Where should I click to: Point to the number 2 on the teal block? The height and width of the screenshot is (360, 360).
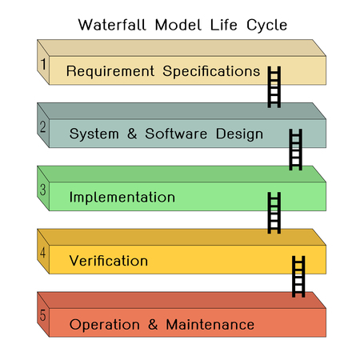pos(43,126)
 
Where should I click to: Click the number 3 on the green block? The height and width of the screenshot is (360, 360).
pos(43,190)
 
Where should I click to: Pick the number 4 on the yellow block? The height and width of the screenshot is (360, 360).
pos(43,254)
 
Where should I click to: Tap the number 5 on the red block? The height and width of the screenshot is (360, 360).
pos(43,317)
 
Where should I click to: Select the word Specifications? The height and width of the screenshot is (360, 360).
pos(211,71)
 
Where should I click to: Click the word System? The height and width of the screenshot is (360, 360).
pos(94,134)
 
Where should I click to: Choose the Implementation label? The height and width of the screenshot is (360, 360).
pos(122,197)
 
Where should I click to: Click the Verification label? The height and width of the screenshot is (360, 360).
pos(108,261)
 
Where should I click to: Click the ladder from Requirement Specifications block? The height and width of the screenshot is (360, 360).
pos(274,86)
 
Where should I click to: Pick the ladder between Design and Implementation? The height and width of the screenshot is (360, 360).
pos(295,149)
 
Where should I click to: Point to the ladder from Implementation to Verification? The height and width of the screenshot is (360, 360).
pos(274,212)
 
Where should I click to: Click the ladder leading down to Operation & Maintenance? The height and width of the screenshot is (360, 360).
pos(298,276)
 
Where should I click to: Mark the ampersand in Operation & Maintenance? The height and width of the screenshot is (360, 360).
pos(152,325)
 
